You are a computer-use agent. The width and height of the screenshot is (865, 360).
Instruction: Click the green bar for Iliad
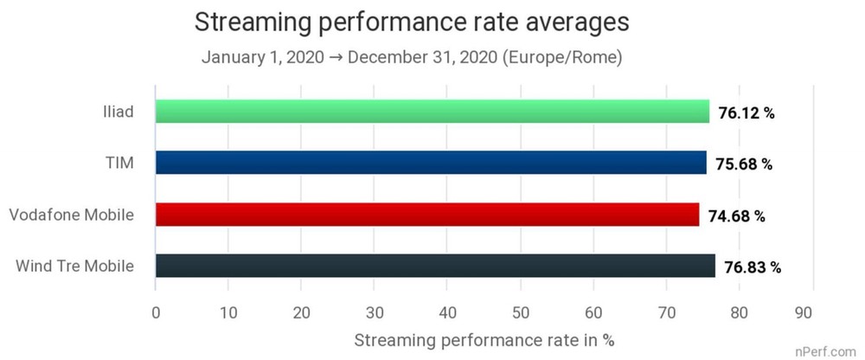tap(432, 112)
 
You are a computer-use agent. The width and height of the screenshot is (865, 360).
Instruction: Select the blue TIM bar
tap(430, 163)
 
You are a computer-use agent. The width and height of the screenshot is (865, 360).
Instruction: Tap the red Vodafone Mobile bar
tap(426, 215)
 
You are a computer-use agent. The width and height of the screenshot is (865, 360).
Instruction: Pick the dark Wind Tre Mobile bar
tap(435, 266)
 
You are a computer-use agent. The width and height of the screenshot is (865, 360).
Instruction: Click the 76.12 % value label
tap(747, 112)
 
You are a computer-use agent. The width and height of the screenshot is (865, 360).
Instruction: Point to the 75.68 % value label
tap(744, 164)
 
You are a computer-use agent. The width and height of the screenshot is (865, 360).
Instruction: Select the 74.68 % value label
tap(737, 215)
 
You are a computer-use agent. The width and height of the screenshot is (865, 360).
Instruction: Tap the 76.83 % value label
tap(753, 267)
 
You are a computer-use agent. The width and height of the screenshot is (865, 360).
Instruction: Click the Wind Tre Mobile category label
tap(74, 266)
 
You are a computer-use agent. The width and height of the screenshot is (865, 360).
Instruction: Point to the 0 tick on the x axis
tap(156, 312)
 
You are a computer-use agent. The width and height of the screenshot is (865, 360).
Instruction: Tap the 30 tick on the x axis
tap(375, 312)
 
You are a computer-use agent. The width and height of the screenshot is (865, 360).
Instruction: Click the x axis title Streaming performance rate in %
tap(484, 339)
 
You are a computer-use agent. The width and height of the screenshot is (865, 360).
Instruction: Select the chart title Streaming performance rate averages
tap(411, 22)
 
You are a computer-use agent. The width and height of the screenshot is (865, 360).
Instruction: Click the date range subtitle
tap(412, 58)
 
